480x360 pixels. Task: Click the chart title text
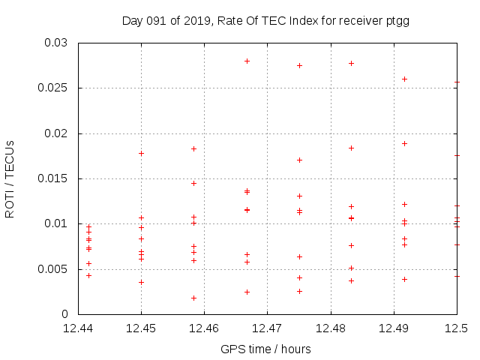[265, 21]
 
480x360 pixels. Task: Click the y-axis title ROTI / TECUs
[10, 178]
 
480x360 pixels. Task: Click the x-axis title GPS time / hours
[265, 349]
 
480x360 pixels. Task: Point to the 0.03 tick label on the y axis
[57, 43]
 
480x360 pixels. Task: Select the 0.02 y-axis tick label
[57, 133]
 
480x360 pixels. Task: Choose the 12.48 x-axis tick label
[331, 328]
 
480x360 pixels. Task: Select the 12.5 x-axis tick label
[457, 328]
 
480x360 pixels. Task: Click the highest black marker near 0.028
[247, 61]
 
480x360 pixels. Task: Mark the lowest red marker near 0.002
[193, 298]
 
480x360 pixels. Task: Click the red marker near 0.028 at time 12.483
[351, 63]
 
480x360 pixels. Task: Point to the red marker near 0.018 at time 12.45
[141, 153]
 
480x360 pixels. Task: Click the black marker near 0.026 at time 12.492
[404, 79]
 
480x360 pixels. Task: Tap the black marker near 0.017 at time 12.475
[299, 160]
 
